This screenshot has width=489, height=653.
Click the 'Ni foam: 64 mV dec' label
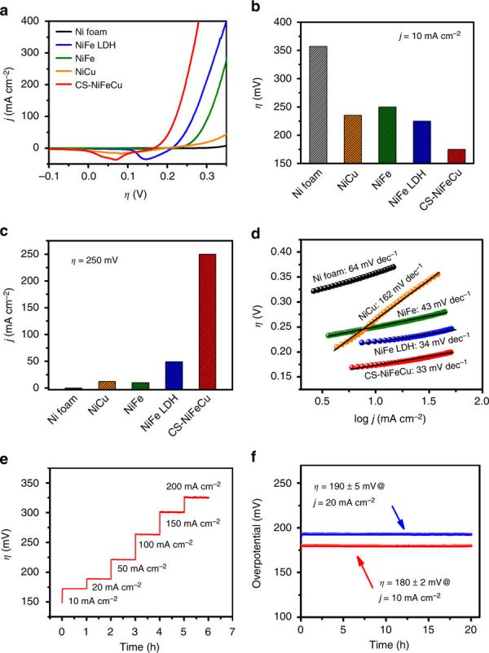[350, 275]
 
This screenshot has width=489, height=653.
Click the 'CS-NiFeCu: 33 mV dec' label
[399, 375]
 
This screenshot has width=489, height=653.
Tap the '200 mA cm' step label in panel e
[194, 485]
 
